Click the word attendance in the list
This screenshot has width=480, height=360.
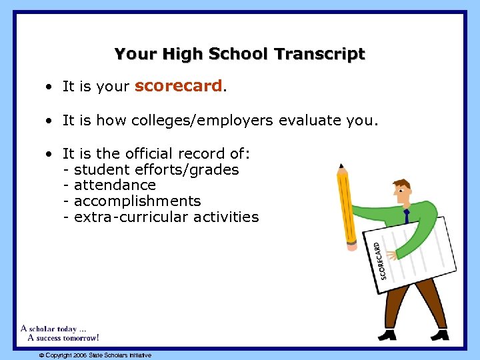click(x=115, y=185)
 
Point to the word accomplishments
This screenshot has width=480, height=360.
click(x=137, y=201)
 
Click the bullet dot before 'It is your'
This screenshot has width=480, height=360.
click(x=50, y=87)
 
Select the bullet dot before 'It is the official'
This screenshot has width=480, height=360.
click(x=50, y=154)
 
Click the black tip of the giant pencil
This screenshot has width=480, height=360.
click(x=341, y=165)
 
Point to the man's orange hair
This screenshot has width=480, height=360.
click(x=401, y=183)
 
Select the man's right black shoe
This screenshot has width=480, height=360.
click(x=439, y=334)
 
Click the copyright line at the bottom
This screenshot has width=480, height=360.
click(x=95, y=355)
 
